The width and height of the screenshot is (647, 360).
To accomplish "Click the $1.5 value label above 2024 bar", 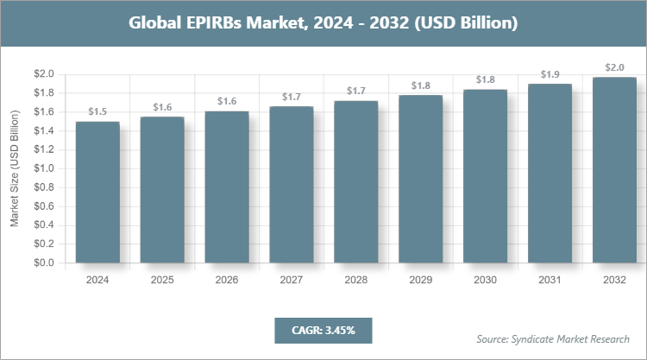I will click(97, 112).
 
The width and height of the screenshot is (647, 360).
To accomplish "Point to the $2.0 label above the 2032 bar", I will click(615, 67).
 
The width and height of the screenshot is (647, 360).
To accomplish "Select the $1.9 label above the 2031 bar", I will click(550, 74).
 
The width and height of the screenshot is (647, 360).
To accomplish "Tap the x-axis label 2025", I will click(162, 280).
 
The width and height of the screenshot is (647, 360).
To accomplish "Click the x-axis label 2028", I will click(356, 280).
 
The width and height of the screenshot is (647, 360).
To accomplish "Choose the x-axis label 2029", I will click(421, 280).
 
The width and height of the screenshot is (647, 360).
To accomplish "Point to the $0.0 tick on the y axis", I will click(44, 262).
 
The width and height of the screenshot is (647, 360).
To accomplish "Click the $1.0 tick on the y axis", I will click(44, 168).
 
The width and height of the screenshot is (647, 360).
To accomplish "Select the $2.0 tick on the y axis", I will click(44, 74).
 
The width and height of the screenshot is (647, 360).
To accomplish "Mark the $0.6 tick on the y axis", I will click(44, 206).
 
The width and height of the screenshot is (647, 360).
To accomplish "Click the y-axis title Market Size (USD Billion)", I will click(15, 169).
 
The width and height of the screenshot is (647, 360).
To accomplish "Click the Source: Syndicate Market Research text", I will click(553, 338).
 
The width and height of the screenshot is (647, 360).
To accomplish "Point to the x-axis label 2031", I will click(550, 280).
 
